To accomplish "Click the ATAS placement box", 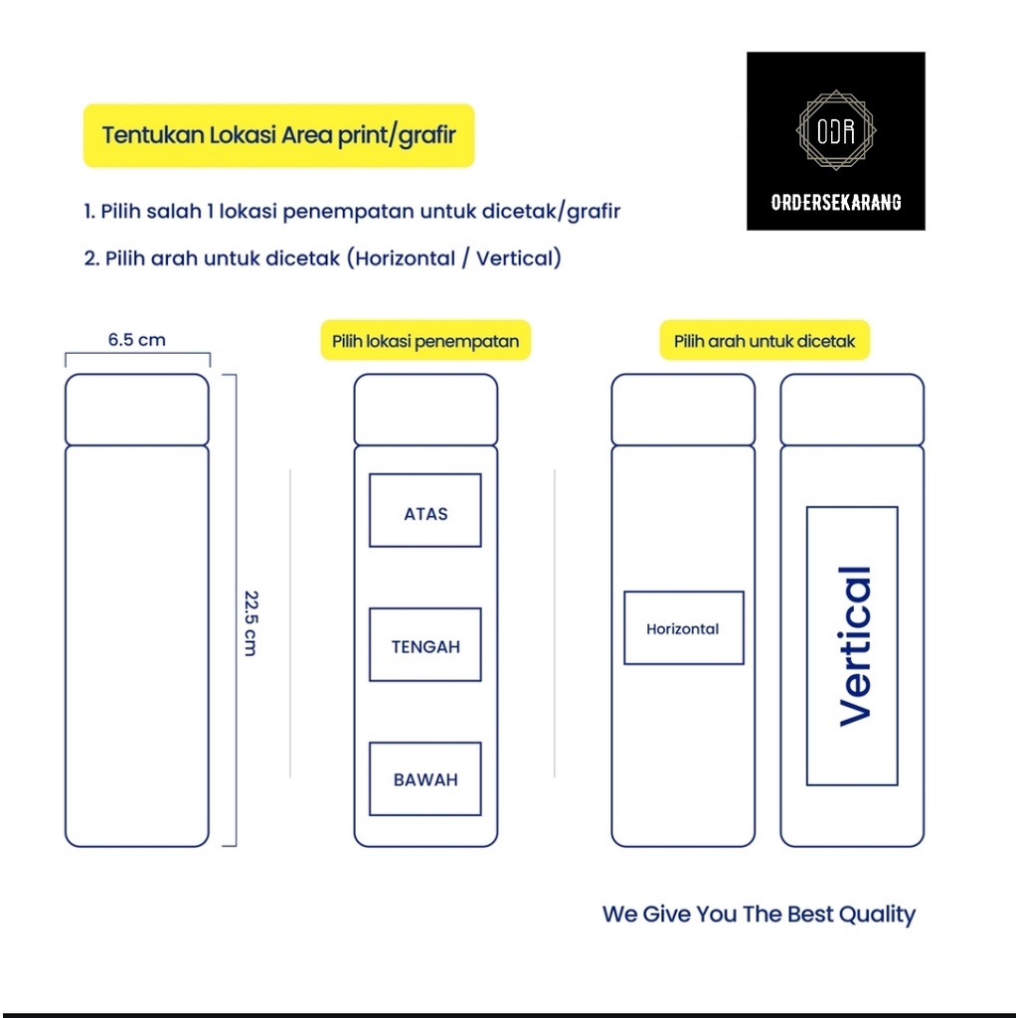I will click(425, 511).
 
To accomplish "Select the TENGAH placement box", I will click(425, 645).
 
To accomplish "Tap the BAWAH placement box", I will click(425, 778).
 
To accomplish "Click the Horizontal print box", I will click(683, 628).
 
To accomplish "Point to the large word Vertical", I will click(854, 646).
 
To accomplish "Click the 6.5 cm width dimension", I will click(137, 340).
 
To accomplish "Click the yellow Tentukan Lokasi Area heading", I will click(278, 135).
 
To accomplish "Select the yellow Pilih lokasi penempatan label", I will click(425, 341).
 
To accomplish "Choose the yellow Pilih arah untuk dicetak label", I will click(764, 341).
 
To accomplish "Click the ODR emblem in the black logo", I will click(836, 130).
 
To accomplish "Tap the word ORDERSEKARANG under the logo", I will click(836, 202).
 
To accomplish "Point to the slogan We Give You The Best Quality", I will click(759, 914).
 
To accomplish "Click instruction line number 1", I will click(352, 212).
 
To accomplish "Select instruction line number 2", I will click(322, 258).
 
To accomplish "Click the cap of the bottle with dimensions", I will click(137, 410).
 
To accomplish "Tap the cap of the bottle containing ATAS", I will click(425, 410).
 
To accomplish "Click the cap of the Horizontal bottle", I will click(683, 410).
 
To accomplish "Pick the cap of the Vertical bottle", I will click(852, 410).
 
